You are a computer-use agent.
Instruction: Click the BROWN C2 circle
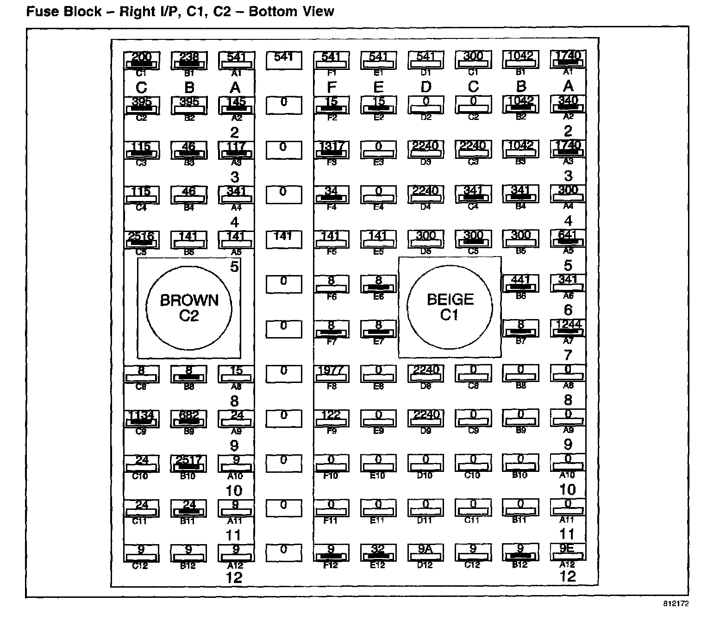(189, 307)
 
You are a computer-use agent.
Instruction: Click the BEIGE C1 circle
(450, 307)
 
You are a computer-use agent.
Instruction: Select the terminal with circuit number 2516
(141, 239)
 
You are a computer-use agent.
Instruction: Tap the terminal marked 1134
(141, 418)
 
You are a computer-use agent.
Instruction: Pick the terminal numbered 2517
(188, 463)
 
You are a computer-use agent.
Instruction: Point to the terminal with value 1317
(332, 149)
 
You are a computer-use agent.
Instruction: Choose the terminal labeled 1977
(332, 373)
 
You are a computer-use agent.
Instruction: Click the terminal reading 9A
(426, 552)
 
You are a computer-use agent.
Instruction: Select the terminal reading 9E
(568, 552)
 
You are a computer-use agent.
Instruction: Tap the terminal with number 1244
(568, 327)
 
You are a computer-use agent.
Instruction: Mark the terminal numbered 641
(568, 238)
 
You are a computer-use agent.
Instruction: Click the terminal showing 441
(520, 283)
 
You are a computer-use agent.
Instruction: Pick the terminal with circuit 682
(188, 418)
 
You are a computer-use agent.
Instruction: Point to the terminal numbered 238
(188, 60)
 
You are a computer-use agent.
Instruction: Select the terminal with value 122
(332, 418)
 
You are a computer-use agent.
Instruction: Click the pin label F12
(331, 565)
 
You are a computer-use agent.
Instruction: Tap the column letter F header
(332, 87)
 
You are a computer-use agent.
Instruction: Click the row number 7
(568, 355)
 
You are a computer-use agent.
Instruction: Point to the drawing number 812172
(675, 604)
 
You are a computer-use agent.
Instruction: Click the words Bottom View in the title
(291, 12)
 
